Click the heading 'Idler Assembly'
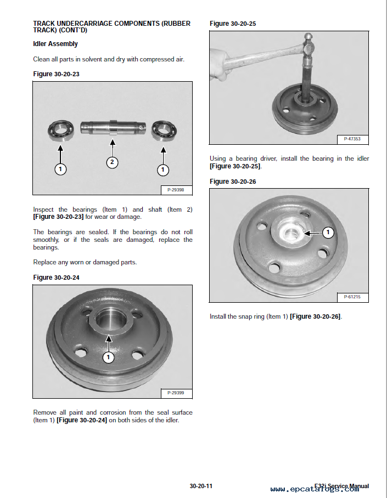click(x=55, y=44)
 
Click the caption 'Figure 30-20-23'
click(x=56, y=74)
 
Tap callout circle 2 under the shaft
click(x=112, y=162)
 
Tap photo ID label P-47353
click(x=352, y=139)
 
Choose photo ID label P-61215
click(x=352, y=297)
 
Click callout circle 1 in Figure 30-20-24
click(x=109, y=358)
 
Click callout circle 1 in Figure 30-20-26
click(x=328, y=233)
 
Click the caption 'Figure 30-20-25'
click(x=233, y=24)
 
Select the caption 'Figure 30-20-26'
click(x=233, y=182)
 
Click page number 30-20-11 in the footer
click(x=201, y=486)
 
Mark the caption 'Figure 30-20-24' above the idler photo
click(x=56, y=278)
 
